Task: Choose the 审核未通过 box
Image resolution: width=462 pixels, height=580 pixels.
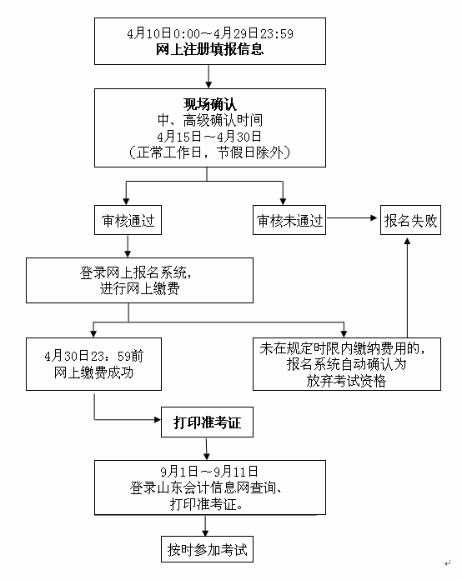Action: [289, 222]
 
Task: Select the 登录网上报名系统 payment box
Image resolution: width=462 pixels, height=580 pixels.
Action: [139, 280]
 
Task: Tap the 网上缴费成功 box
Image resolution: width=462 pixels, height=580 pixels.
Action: [93, 364]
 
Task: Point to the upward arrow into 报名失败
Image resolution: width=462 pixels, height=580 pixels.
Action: [408, 283]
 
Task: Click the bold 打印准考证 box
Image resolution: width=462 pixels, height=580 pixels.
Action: [206, 423]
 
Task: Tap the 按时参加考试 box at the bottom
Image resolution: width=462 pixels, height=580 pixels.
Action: [206, 551]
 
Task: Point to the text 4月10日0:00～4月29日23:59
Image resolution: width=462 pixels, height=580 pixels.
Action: [210, 33]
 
